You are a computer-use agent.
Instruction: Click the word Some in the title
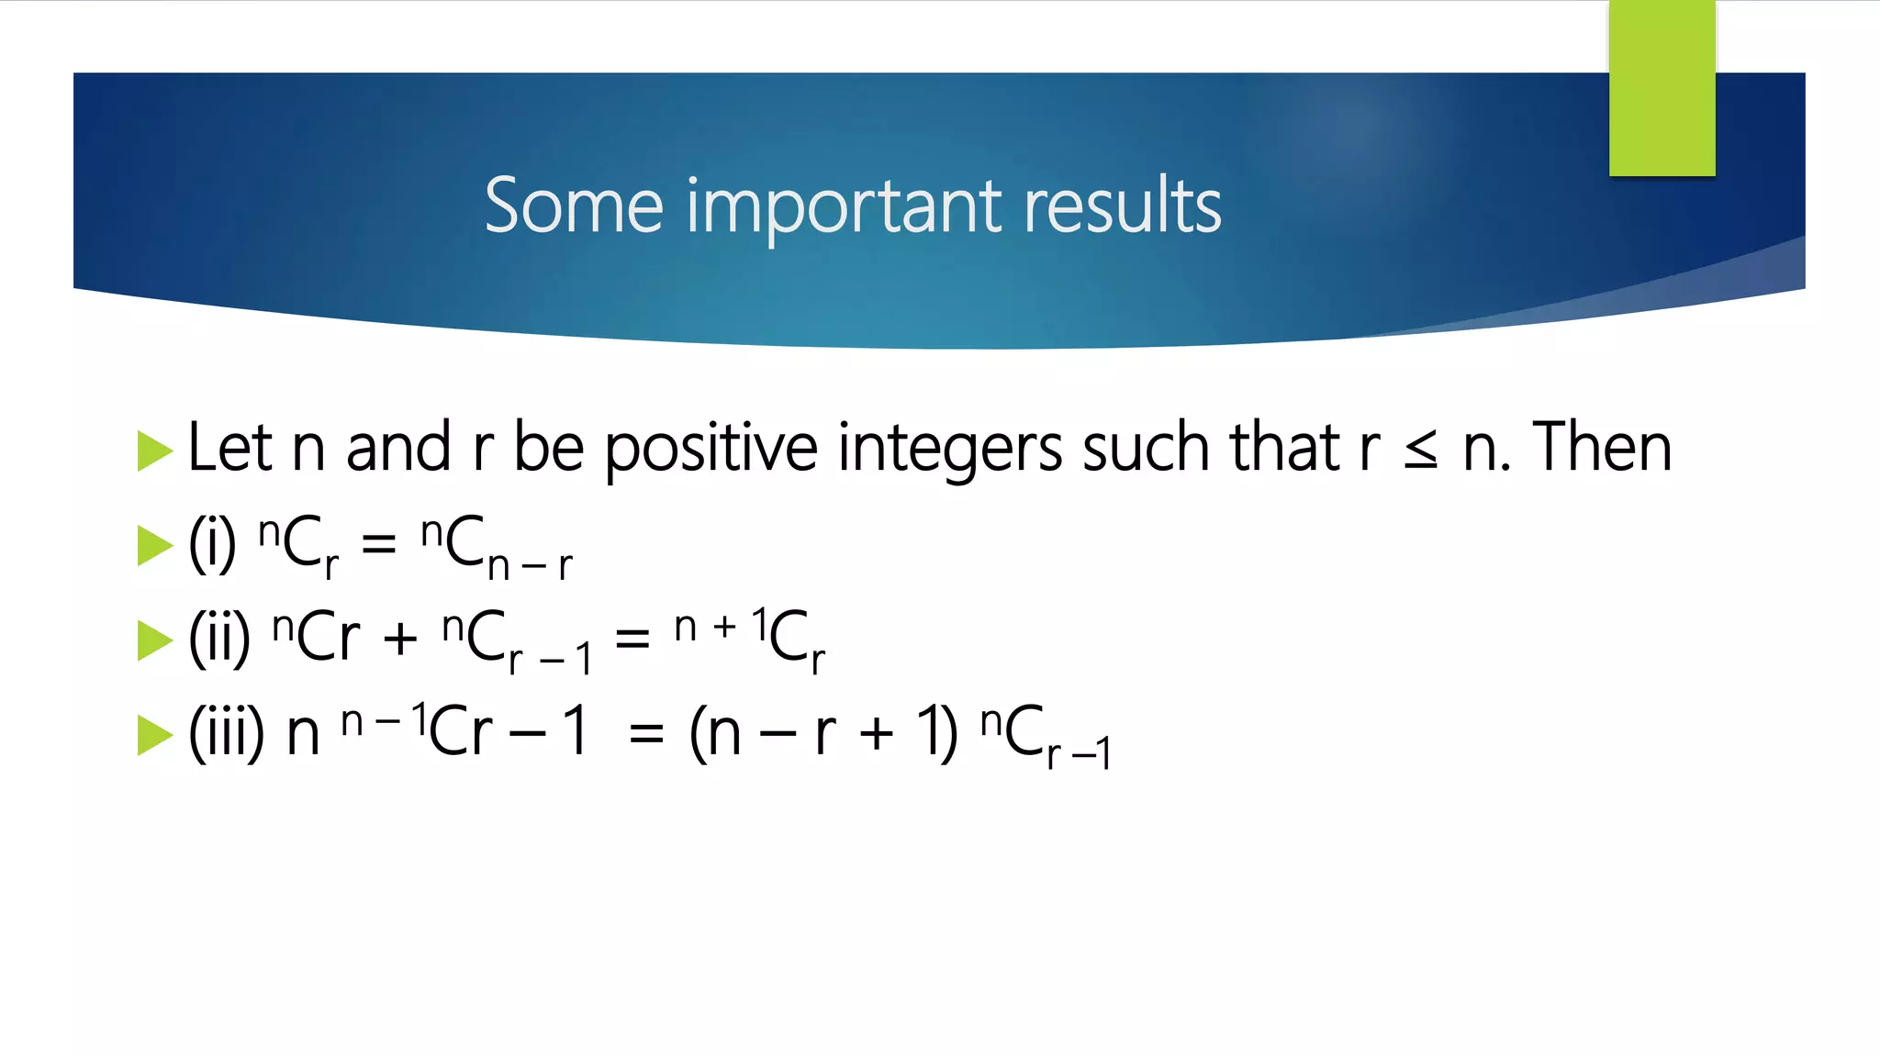pos(573,206)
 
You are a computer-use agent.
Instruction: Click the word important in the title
pos(844,207)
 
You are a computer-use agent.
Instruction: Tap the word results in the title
pos(1122,206)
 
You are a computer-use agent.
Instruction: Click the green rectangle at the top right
pos(1662,87)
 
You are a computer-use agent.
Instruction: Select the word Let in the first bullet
pos(229,448)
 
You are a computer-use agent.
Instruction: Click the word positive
pos(711,450)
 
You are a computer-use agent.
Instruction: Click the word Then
pos(1602,448)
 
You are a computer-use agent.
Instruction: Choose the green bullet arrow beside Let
pos(154,451)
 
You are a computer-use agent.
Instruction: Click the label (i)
pos(212,544)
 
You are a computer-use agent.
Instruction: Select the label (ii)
pos(218,639)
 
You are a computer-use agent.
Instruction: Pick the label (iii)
pos(226,733)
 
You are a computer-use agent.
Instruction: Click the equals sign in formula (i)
pos(378,544)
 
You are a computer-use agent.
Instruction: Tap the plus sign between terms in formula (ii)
pos(400,639)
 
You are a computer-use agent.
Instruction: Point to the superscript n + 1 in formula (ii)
pos(719,626)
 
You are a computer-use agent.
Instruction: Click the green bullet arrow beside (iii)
pos(154,735)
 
